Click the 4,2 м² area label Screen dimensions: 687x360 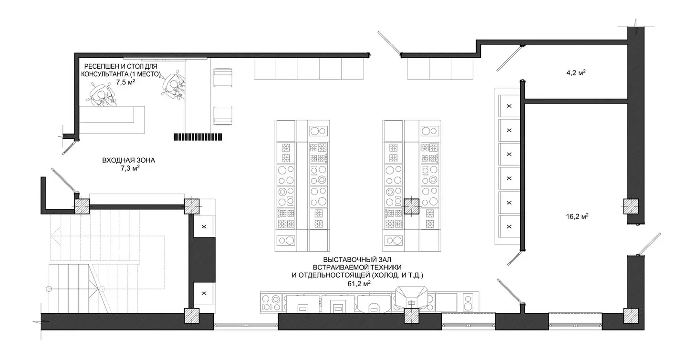click(576, 73)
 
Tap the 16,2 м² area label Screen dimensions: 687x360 click(577, 216)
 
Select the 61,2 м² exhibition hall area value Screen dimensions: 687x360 click(359, 284)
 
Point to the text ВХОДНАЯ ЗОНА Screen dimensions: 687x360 click(128, 160)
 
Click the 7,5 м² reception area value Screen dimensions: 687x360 click(126, 82)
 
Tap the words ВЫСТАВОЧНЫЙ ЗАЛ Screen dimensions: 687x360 click(357, 259)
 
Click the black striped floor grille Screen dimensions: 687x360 click(198, 137)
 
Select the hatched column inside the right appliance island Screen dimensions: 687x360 click(411, 206)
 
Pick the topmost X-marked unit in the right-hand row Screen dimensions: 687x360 click(509, 106)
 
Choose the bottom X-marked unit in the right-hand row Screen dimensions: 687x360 click(509, 226)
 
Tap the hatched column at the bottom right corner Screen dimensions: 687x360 click(631, 316)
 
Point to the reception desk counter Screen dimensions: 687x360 click(112, 120)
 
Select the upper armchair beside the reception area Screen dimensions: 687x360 click(223, 78)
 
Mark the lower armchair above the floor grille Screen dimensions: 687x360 click(223, 115)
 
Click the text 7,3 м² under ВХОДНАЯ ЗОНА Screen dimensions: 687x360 click(130, 168)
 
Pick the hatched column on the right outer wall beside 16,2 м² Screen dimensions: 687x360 click(631, 206)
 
